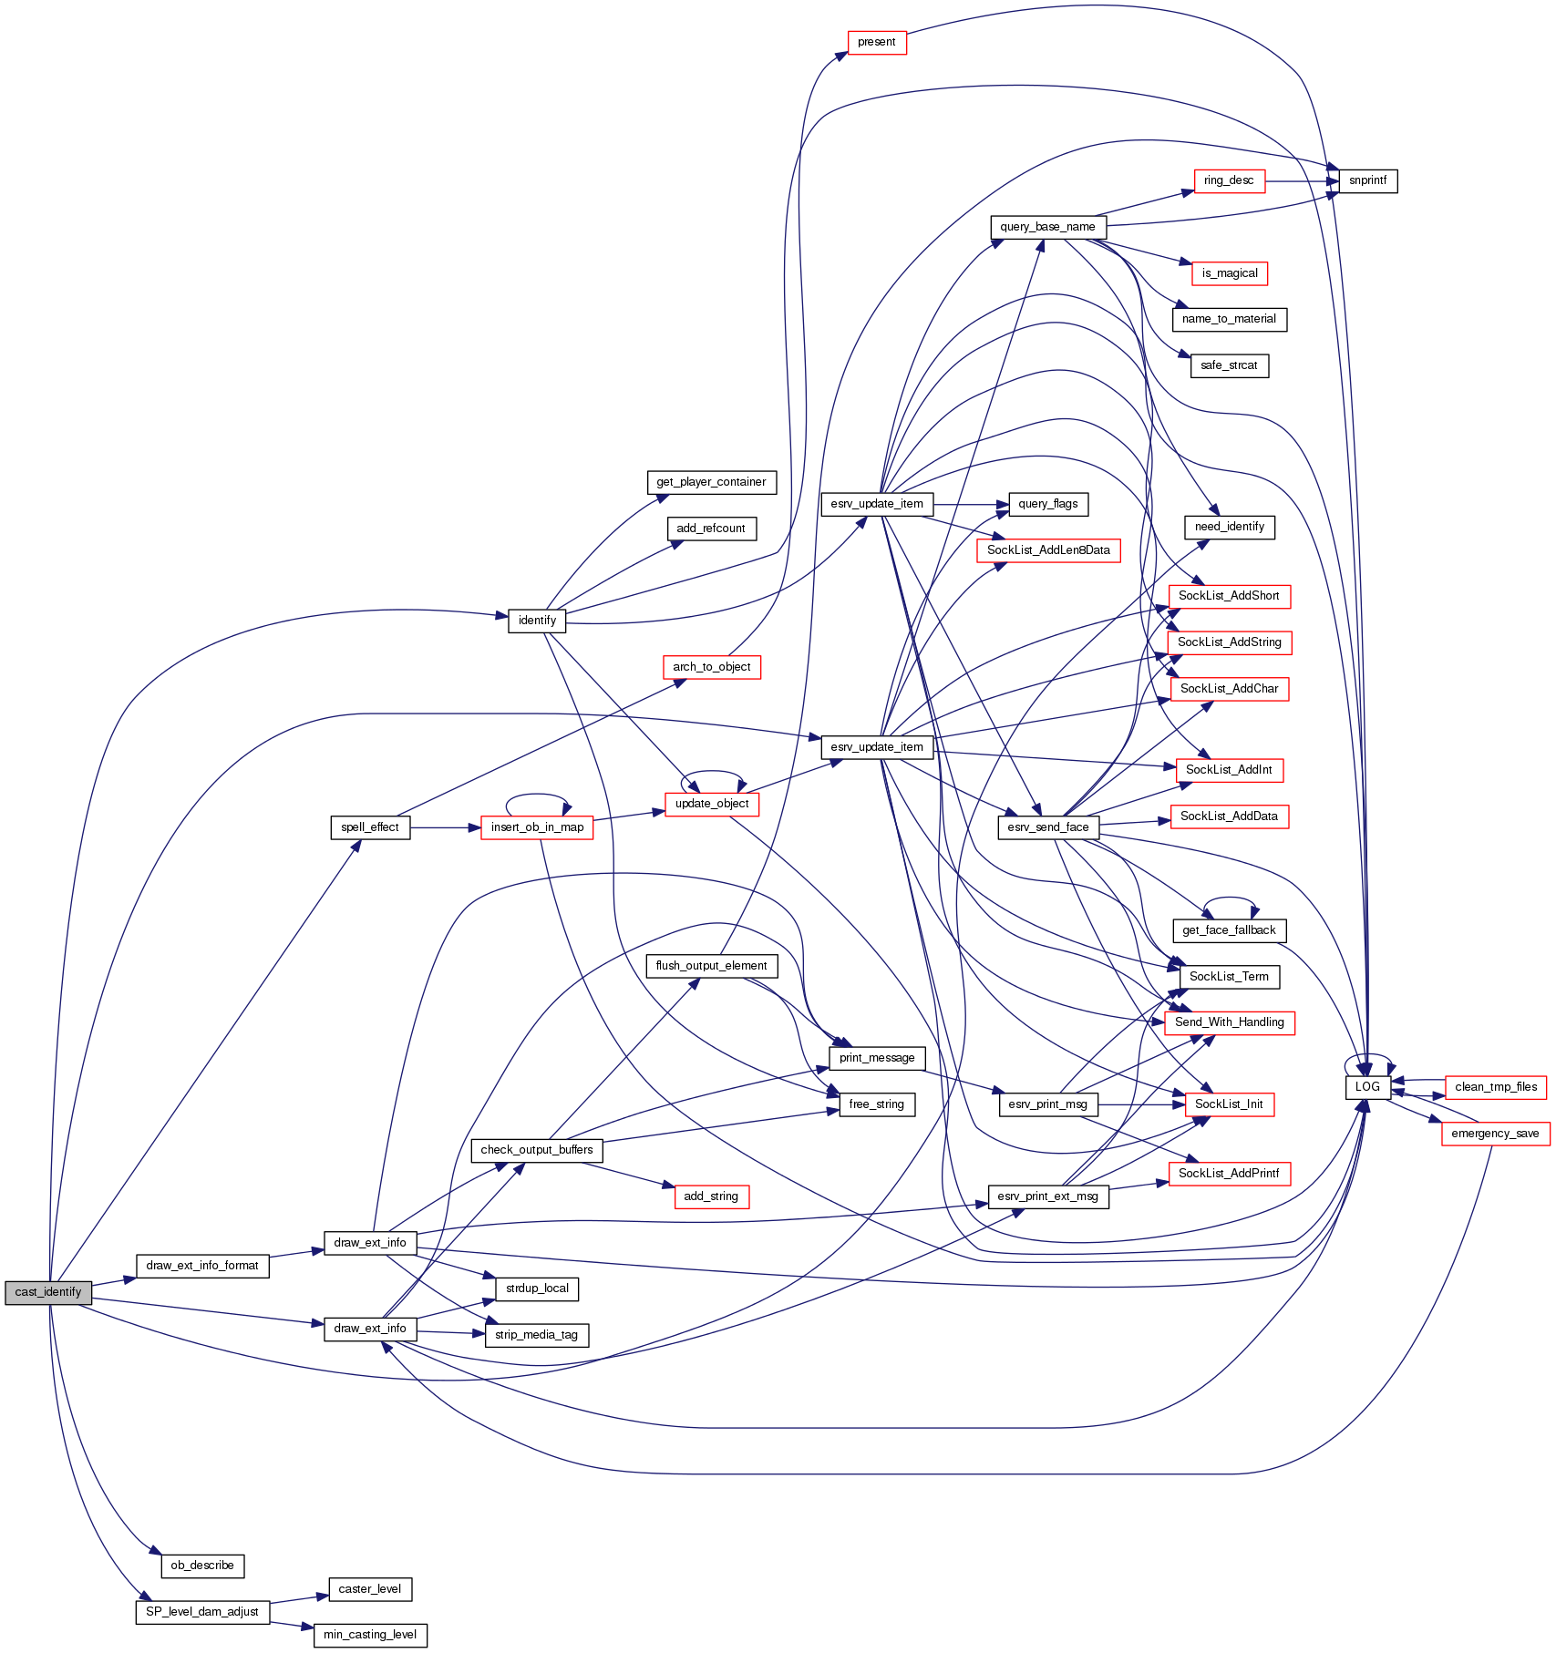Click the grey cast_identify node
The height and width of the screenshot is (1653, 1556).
(x=48, y=1292)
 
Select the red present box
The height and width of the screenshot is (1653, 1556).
(x=877, y=42)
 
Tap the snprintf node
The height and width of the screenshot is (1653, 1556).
(x=1367, y=180)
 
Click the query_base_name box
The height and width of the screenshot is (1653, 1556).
(x=1047, y=227)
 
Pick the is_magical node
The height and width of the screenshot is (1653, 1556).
(x=1230, y=273)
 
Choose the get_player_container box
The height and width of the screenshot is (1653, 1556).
(x=711, y=482)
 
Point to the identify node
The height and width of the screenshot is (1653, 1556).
(x=537, y=621)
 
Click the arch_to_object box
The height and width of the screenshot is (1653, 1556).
(x=711, y=667)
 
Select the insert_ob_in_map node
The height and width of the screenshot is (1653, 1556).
(x=537, y=827)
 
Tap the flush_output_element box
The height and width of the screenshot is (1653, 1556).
(x=711, y=966)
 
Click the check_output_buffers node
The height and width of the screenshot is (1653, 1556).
(x=537, y=1150)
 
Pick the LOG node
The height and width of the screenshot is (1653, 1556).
(x=1367, y=1087)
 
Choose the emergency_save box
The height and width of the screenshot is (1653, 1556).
(x=1495, y=1134)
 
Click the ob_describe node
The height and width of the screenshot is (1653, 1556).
(x=202, y=1566)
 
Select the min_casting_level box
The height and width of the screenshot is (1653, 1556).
(x=370, y=1635)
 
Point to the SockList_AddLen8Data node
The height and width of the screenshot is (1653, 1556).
(x=1048, y=550)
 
